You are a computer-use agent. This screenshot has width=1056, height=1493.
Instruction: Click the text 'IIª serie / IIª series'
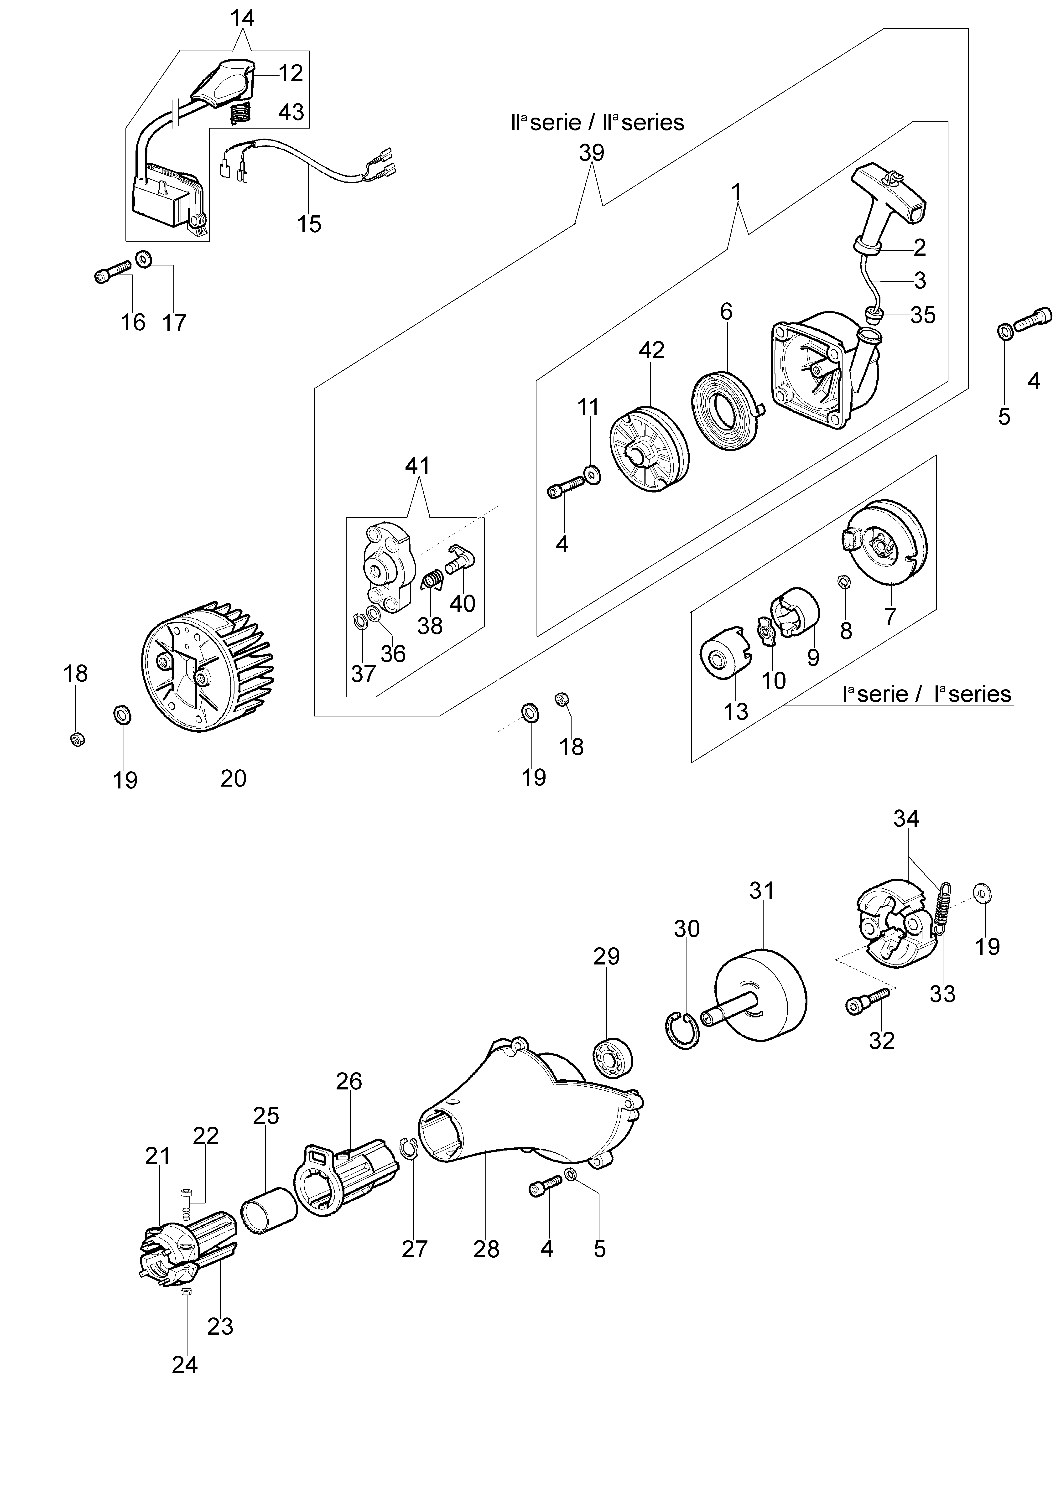point(597,122)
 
